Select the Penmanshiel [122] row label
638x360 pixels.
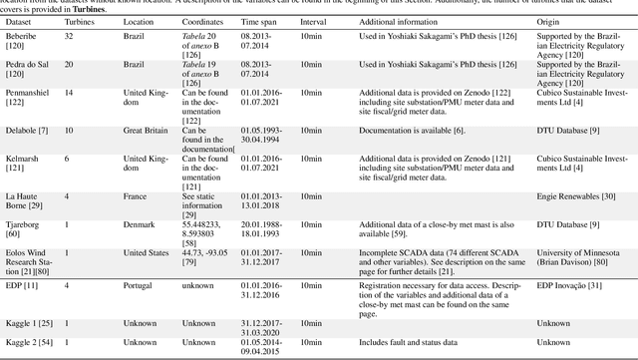click(28, 91)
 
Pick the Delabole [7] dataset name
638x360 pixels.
click(23, 129)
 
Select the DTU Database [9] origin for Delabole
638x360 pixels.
click(550, 129)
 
